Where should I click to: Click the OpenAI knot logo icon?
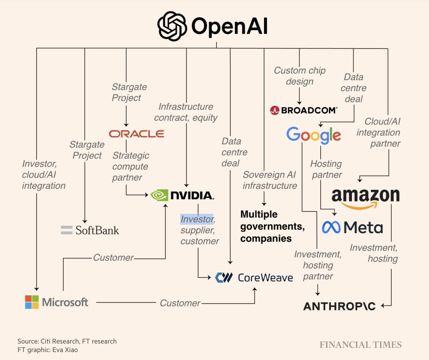click(x=172, y=26)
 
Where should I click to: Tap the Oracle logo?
click(x=137, y=134)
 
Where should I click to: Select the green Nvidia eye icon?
click(x=159, y=195)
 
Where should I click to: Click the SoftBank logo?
click(x=90, y=230)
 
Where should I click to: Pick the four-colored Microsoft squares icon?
click(x=32, y=302)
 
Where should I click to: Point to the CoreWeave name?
click(x=265, y=277)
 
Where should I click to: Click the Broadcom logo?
click(x=303, y=110)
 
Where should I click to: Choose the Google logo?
click(x=313, y=135)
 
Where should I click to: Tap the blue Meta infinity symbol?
click(x=331, y=227)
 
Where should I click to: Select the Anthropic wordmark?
click(x=339, y=306)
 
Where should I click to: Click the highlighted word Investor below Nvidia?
click(x=197, y=219)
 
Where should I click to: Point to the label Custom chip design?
click(x=300, y=76)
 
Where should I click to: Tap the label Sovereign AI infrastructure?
click(x=270, y=180)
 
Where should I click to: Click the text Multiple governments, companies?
click(x=272, y=226)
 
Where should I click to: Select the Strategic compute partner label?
click(x=130, y=166)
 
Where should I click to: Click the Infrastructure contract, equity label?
click(x=186, y=112)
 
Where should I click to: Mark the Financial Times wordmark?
click(x=360, y=345)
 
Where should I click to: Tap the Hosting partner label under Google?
click(x=326, y=169)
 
